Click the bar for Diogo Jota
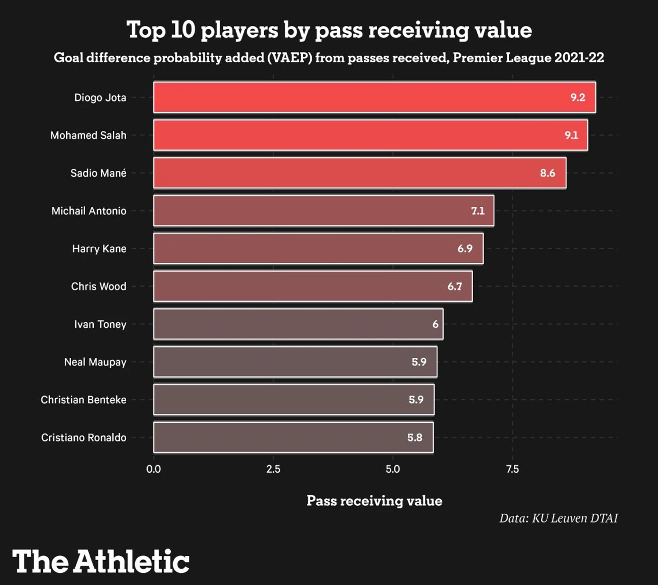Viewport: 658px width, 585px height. (374, 97)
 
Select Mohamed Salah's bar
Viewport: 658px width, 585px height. (370, 135)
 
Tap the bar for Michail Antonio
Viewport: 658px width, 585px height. (323, 210)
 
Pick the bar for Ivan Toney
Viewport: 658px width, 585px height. (298, 324)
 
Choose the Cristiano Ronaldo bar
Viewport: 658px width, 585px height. (293, 437)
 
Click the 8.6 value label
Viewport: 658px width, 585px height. (548, 173)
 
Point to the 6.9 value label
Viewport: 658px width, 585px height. (465, 249)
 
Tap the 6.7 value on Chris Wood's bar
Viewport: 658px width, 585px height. (454, 287)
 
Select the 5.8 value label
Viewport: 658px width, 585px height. (415, 438)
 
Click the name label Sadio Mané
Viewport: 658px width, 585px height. (98, 173)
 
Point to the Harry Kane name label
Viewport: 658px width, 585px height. (99, 249)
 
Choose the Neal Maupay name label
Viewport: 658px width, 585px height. (95, 362)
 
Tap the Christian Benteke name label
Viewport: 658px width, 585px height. (83, 400)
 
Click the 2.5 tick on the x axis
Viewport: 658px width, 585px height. (273, 469)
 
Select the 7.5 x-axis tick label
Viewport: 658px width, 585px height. (512, 469)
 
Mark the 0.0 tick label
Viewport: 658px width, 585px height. (153, 469)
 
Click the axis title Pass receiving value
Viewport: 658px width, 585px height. (374, 501)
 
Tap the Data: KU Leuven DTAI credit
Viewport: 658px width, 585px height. (558, 518)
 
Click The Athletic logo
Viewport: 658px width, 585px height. (101, 562)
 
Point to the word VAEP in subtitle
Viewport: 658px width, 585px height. (289, 58)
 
